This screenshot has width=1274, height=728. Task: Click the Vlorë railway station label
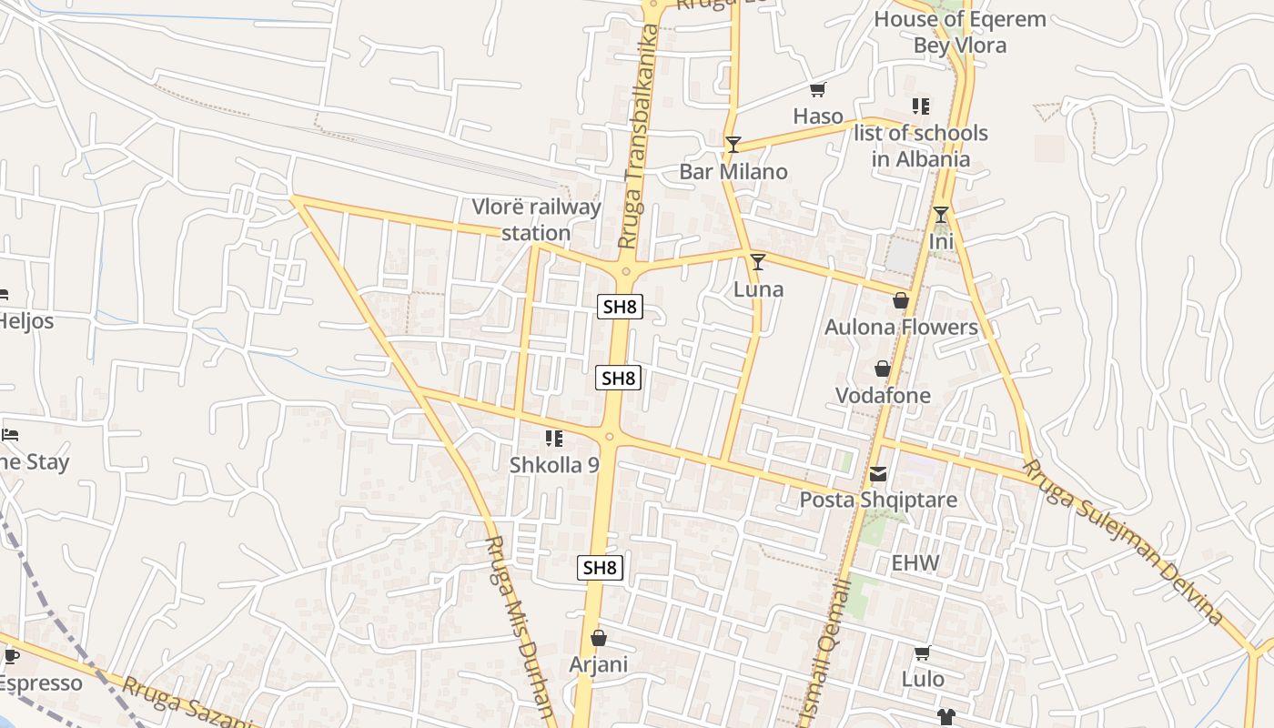tap(536, 220)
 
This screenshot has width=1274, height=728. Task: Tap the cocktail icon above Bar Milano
tap(733, 144)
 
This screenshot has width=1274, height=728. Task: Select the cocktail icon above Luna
tap(758, 262)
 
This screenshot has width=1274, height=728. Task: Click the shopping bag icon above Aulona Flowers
tap(901, 300)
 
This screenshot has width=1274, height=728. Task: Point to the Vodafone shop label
tap(883, 396)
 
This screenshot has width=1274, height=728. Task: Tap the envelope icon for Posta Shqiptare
tap(878, 473)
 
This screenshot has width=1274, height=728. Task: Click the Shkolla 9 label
tap(554, 465)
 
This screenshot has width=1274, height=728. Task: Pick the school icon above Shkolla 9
tap(553, 439)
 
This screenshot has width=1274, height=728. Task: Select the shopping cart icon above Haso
tap(817, 89)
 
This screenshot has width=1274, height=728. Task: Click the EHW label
tap(915, 563)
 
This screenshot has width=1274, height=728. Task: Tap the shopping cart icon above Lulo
tap(922, 652)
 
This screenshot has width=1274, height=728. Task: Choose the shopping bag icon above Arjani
tap(598, 638)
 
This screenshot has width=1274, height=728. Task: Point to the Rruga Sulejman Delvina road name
tap(1124, 542)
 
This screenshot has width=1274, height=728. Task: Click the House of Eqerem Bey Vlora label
tap(960, 32)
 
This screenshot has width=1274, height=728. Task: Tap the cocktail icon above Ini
tap(941, 215)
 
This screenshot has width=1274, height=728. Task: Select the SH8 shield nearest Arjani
tap(601, 568)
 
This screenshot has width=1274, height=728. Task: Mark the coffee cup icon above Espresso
tap(11, 656)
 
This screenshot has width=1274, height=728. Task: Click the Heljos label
tap(25, 321)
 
